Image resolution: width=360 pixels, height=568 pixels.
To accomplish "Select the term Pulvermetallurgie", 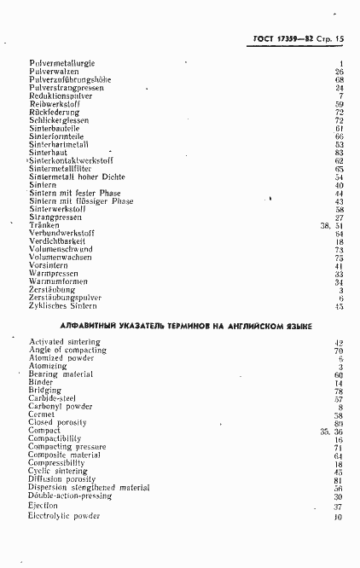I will (61, 64).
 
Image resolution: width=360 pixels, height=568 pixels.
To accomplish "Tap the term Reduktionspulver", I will (61, 96).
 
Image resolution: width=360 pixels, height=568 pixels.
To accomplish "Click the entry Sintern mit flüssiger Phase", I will (80, 201).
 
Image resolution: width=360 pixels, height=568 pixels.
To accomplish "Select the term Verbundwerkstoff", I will (61, 233).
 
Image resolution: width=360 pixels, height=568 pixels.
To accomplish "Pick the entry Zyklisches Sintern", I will (62, 305).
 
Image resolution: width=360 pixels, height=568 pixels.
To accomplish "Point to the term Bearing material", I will (61, 374).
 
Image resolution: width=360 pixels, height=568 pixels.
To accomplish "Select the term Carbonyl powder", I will (60, 407).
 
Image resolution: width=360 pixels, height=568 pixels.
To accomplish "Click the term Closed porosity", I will (57, 423).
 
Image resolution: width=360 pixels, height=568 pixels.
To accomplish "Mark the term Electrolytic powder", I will (64, 516).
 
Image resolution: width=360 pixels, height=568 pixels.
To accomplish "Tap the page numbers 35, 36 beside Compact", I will (331, 432).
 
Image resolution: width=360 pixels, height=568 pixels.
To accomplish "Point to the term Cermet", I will (42, 415).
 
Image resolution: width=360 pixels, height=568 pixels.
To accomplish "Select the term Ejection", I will (44, 507).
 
